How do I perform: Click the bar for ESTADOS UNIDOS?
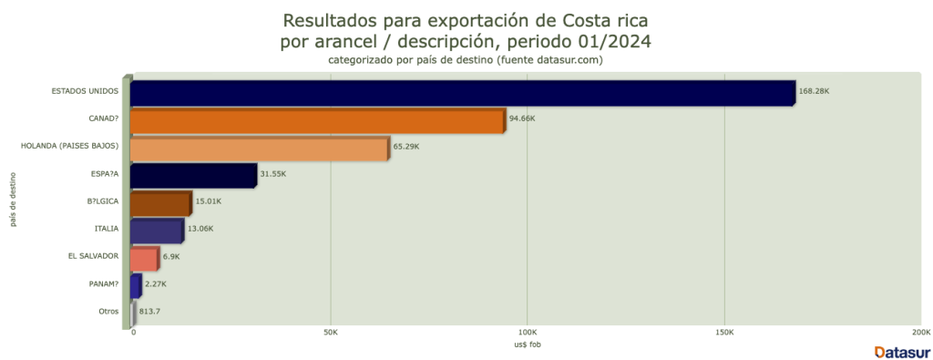pos(463,93)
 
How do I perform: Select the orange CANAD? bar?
pos(317,120)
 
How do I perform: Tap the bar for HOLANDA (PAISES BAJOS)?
pos(260,148)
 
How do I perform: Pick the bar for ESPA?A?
pos(193,176)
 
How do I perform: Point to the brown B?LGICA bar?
pos(160,203)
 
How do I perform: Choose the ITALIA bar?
pos(157,231)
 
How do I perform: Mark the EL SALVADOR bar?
pos(144,259)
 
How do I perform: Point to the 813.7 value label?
pos(151,312)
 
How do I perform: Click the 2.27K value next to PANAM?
pos(156,283)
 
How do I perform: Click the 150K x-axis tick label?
pos(724,332)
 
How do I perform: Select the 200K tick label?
pos(920,332)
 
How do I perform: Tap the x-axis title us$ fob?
pos(527,345)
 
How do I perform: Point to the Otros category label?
pos(108,312)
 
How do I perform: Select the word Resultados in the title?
pos(329,19)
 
